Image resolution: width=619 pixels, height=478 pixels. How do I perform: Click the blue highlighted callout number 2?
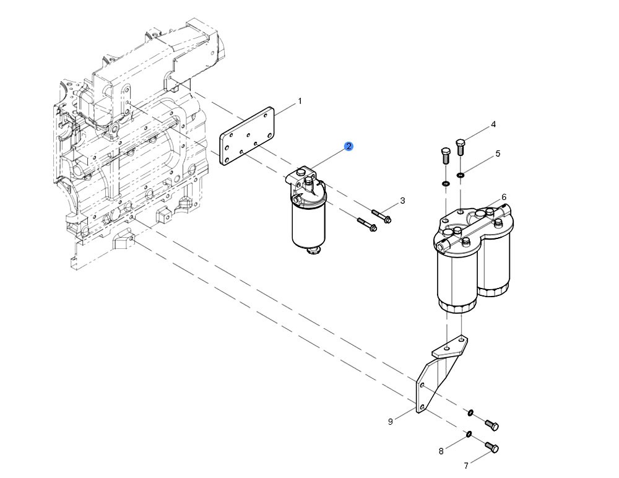[349, 146]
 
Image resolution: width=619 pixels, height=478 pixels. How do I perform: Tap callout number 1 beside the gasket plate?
[300, 101]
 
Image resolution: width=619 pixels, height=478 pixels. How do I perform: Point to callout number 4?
[493, 124]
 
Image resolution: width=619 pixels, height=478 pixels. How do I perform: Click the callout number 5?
[497, 154]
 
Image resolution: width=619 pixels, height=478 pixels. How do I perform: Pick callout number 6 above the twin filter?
[504, 197]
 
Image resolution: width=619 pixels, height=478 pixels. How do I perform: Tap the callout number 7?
[465, 465]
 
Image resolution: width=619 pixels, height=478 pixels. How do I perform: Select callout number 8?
[441, 451]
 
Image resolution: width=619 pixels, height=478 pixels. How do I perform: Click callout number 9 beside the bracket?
[391, 422]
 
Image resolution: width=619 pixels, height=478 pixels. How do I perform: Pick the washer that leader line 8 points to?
[469, 433]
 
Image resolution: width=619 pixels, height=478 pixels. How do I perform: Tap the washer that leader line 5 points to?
[462, 175]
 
